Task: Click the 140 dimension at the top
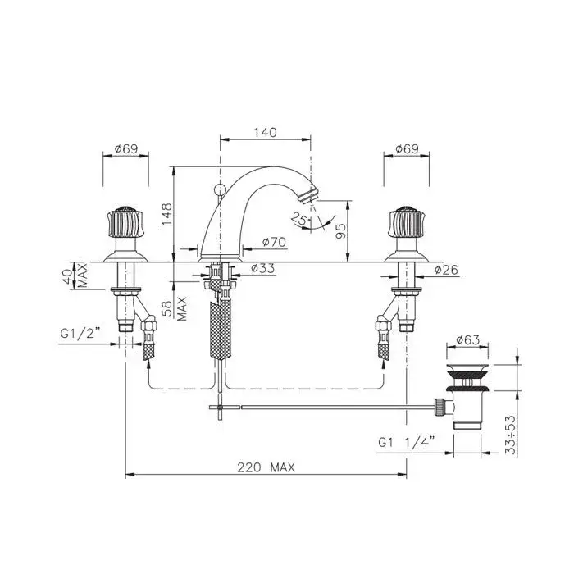click(x=266, y=132)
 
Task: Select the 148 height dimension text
click(x=166, y=215)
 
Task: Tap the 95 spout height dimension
click(x=340, y=231)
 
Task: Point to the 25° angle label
click(x=300, y=219)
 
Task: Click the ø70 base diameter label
click(x=274, y=242)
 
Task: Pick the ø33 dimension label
click(x=262, y=268)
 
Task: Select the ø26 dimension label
click(x=446, y=270)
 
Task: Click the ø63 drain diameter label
click(x=468, y=340)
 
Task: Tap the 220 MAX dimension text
click(x=266, y=467)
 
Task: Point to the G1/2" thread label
click(x=80, y=334)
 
